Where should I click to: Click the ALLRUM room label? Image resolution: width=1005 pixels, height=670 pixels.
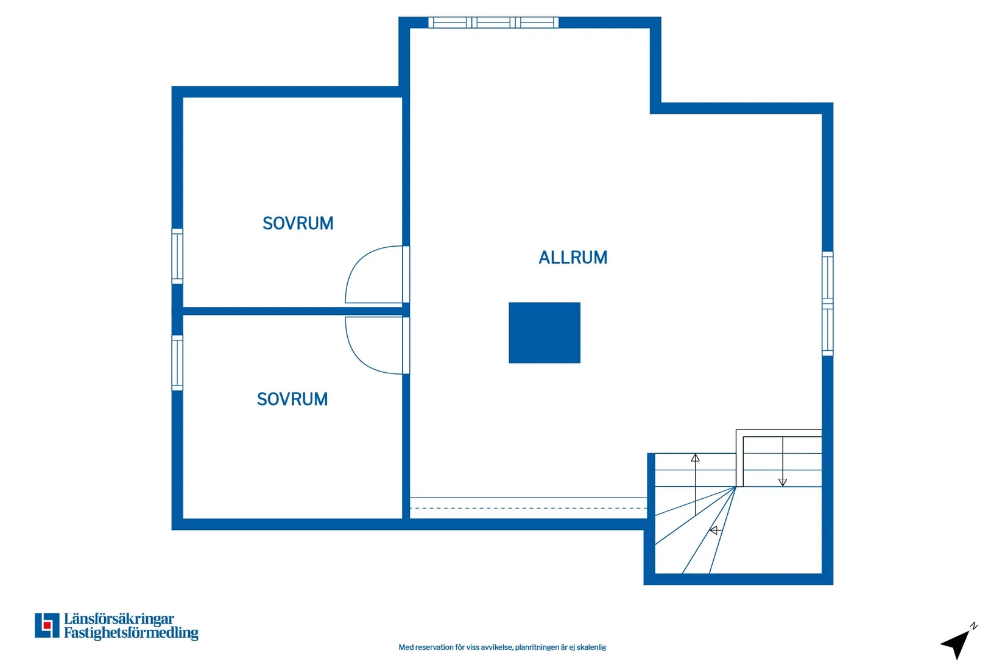click(x=573, y=258)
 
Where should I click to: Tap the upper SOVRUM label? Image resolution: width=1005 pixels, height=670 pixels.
click(x=298, y=224)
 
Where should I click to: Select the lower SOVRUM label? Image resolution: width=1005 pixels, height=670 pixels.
click(x=292, y=400)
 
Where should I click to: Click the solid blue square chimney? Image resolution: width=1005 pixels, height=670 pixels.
click(x=545, y=333)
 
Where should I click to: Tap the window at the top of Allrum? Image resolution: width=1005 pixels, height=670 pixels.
click(x=493, y=23)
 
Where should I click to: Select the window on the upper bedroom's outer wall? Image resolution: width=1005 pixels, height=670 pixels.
click(x=177, y=256)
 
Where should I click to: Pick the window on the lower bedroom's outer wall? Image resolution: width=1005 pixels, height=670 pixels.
click(x=177, y=363)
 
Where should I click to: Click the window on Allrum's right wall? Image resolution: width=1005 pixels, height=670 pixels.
click(x=827, y=304)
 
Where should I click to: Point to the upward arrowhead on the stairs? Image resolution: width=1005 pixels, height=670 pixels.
click(x=695, y=458)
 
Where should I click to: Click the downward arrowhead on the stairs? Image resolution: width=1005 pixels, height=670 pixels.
click(x=783, y=482)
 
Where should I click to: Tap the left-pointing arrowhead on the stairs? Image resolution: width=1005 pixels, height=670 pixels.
click(x=713, y=531)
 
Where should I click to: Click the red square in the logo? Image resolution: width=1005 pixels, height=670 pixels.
click(x=47, y=626)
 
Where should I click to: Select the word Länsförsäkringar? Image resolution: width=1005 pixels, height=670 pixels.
click(x=119, y=619)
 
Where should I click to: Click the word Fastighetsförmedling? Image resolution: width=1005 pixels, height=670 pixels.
click(x=131, y=633)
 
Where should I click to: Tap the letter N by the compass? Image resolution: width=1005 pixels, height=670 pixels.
click(x=973, y=626)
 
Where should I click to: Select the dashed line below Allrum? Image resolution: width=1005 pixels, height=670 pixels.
click(x=529, y=508)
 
